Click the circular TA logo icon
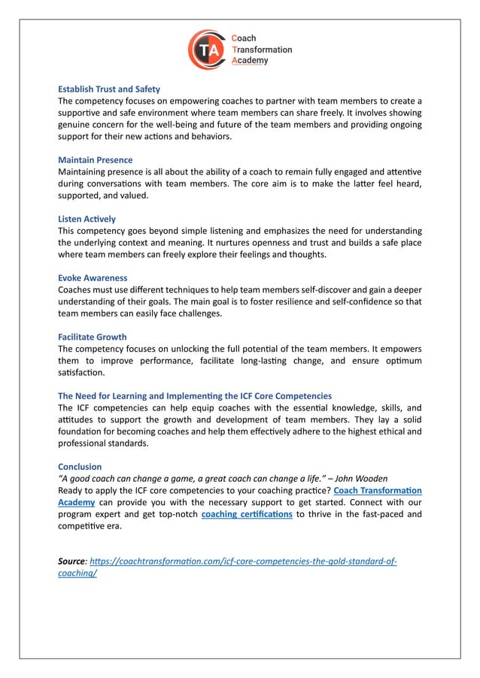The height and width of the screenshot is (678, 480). pyautogui.click(x=207, y=49)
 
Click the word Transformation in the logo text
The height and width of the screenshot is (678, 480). pyautogui.click(x=261, y=50)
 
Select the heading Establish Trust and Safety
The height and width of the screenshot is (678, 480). pyautogui.click(x=109, y=89)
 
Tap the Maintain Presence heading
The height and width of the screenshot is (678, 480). pyautogui.click(x=95, y=160)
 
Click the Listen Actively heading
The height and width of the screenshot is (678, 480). pyautogui.click(x=87, y=219)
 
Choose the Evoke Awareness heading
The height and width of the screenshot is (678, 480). pyautogui.click(x=93, y=278)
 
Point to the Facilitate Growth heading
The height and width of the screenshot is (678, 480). pyautogui.click(x=92, y=337)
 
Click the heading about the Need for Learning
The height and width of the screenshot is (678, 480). pyautogui.click(x=194, y=396)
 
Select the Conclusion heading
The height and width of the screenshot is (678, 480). pyautogui.click(x=80, y=467)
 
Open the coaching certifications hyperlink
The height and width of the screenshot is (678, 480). pyautogui.click(x=247, y=514)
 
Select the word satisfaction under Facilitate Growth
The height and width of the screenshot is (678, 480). pyautogui.click(x=82, y=372)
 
